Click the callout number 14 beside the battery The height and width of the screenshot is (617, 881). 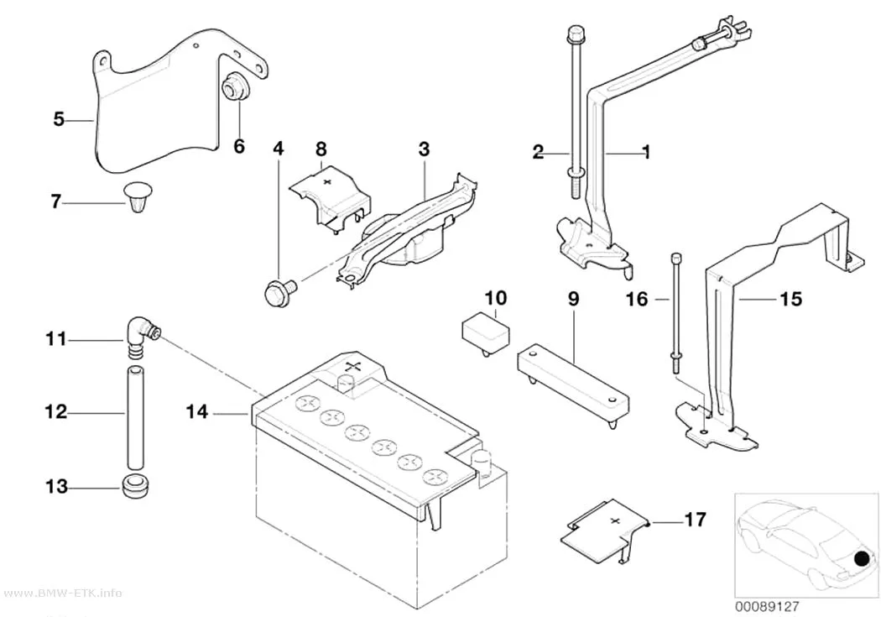tap(196, 412)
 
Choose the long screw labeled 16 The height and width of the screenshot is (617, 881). tap(676, 312)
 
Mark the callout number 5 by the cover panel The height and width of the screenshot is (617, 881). tap(59, 119)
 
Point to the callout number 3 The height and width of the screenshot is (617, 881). tap(424, 149)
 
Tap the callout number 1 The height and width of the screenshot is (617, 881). tap(646, 152)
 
